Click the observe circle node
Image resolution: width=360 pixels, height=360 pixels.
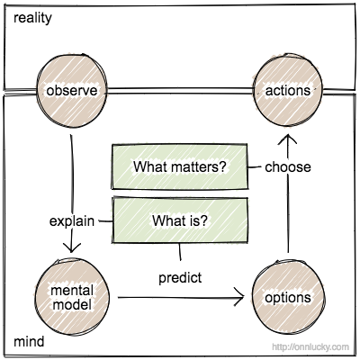coord(70,91)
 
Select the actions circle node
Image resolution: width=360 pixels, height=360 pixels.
coord(287,91)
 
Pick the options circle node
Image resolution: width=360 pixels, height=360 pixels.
coord(287,296)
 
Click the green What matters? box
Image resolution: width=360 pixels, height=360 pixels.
coord(179,166)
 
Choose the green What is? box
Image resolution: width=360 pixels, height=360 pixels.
coord(179,219)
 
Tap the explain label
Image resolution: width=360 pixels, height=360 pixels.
coord(69,220)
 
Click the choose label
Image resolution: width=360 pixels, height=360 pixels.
coord(288,166)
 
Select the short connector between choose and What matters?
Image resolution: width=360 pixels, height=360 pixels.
coord(256,166)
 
